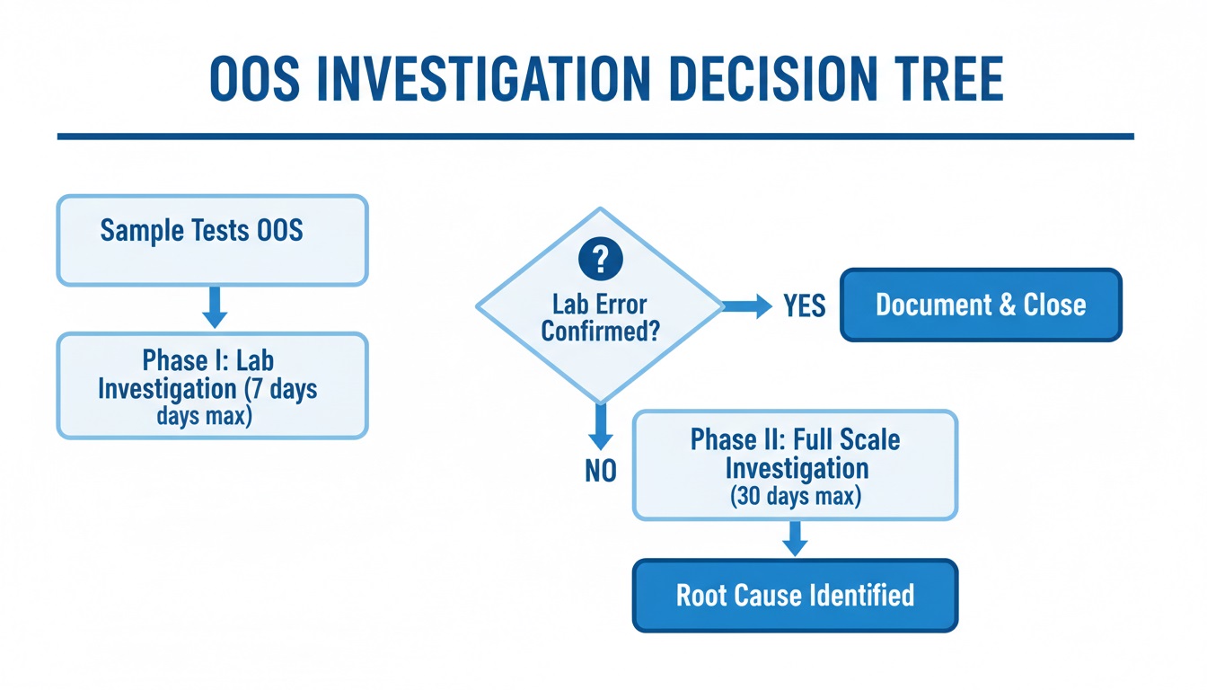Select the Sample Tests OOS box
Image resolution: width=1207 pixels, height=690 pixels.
[x=212, y=240]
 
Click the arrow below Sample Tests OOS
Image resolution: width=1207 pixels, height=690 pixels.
[x=215, y=308]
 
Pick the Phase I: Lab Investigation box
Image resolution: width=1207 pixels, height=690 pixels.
[x=212, y=385]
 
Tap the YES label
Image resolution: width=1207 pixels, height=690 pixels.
[x=804, y=306]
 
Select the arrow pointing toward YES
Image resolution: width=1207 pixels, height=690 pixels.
[x=747, y=306]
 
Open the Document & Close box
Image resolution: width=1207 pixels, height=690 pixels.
[x=981, y=305]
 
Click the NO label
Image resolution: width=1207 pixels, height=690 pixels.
[x=601, y=471]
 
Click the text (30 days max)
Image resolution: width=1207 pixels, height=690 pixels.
[x=796, y=497]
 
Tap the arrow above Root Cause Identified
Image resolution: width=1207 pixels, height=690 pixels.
[x=795, y=539]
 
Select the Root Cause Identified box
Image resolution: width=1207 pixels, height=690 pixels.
[x=795, y=595]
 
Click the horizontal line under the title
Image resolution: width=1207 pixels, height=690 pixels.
[x=595, y=137]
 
